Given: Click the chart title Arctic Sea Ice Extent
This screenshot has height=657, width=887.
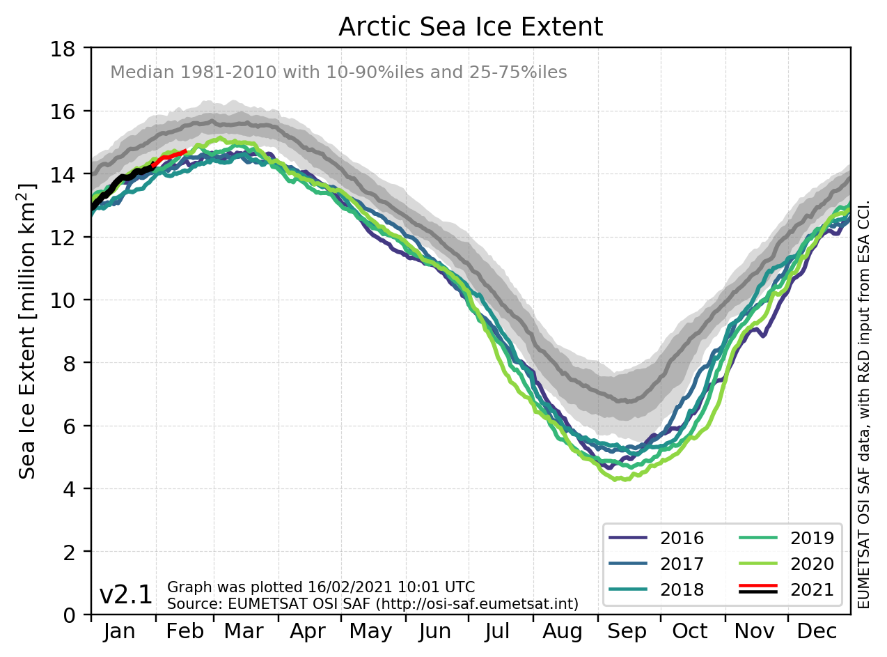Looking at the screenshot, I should (x=470, y=27).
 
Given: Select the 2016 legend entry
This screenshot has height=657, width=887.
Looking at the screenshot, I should (x=682, y=538).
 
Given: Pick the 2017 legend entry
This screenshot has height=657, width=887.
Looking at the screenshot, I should (x=682, y=564).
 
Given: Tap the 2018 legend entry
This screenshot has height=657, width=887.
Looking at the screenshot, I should (x=682, y=589).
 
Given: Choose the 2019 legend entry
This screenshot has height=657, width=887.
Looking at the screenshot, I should (x=811, y=538).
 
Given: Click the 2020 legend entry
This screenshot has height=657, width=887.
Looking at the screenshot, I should (x=811, y=564).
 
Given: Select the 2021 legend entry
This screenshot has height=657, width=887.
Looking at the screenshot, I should (x=811, y=589).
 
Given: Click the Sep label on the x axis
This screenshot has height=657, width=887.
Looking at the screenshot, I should (x=627, y=632).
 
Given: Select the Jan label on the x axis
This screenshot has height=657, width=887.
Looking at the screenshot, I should (x=119, y=632).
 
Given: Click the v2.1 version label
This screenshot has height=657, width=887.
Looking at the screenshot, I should (x=126, y=596).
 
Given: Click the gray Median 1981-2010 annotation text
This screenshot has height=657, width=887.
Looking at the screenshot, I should (x=338, y=72).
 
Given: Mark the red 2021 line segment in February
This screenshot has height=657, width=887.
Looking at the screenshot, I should (x=171, y=155).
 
